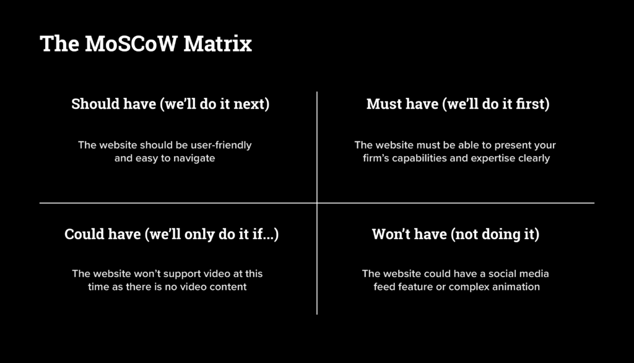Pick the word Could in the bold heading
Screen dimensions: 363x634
85,235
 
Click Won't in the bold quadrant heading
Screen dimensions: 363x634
393,235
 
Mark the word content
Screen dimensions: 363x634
227,287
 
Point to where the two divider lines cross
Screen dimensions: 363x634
317,203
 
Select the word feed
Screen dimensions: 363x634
385,287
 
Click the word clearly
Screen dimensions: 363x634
535,159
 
